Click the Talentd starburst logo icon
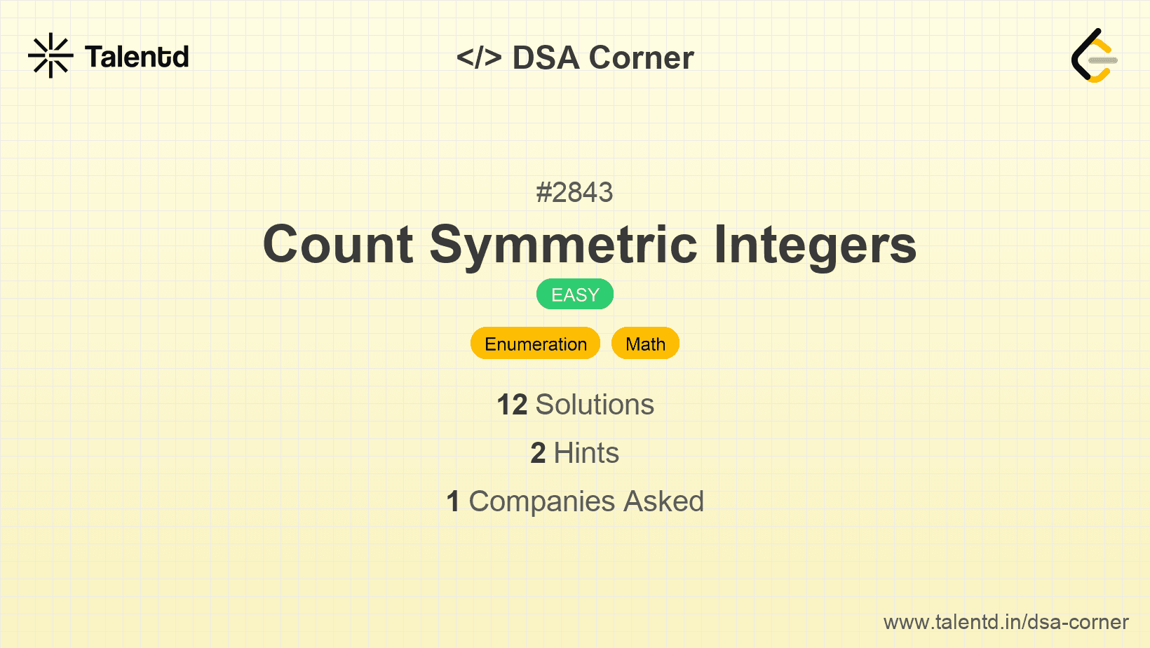[x=50, y=55]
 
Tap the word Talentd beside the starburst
[x=137, y=57]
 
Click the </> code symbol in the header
[x=479, y=58]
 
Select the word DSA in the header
[x=546, y=58]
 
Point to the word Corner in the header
[x=641, y=58]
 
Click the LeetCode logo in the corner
[x=1094, y=55]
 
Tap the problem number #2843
[x=574, y=193]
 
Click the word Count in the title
[x=338, y=245]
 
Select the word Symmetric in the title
[x=563, y=246]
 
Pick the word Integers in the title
[x=815, y=246]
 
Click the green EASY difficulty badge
[x=575, y=295]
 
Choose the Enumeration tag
[x=536, y=344]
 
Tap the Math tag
[x=645, y=344]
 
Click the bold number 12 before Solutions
[x=512, y=405]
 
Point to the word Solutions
[x=595, y=405]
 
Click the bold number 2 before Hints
[x=538, y=453]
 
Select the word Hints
[x=586, y=453]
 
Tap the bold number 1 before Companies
[x=453, y=501]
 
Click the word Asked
[x=663, y=501]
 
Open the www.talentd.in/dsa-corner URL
[x=1006, y=622]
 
